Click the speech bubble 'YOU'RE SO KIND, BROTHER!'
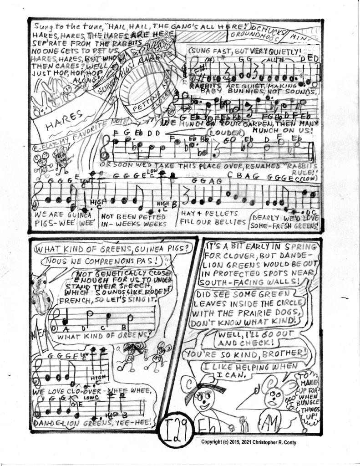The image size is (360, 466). pyautogui.click(x=248, y=353)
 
